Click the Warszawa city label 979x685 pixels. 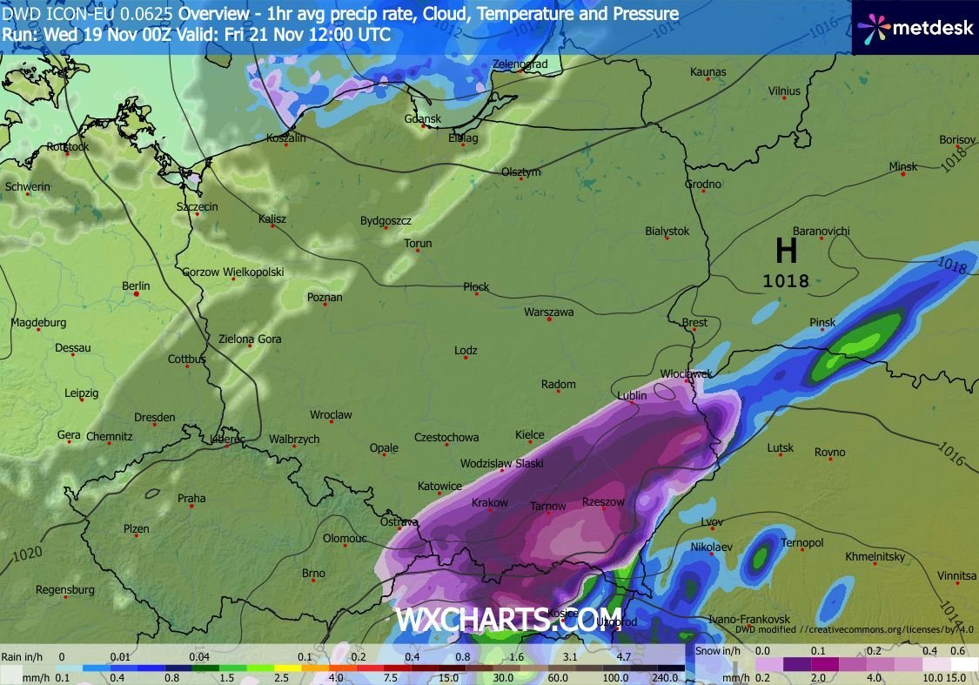tap(548, 312)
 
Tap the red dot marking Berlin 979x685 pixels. tap(137, 294)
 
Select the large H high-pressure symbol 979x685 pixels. tap(786, 252)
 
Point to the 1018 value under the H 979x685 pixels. tap(786, 281)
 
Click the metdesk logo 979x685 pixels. tap(913, 28)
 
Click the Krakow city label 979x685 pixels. tap(489, 503)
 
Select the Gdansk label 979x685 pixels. tap(423, 118)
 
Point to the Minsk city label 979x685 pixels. tap(902, 166)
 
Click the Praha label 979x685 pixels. tap(191, 498)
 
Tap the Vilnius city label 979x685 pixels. tap(784, 91)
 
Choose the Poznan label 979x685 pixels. tap(325, 297)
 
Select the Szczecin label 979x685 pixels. tap(197, 206)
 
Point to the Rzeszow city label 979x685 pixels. tap(603, 502)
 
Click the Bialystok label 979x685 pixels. tap(667, 231)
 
